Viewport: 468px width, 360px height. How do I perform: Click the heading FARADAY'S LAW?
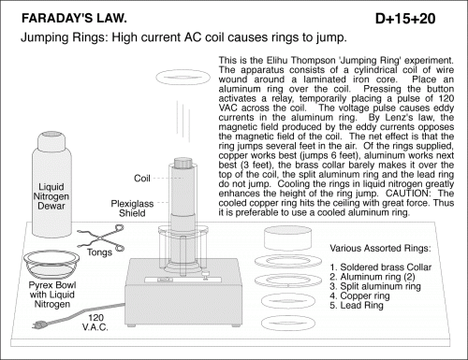pos(74,19)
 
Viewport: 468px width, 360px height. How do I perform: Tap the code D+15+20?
pos(405,19)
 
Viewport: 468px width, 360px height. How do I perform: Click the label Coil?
pos(142,179)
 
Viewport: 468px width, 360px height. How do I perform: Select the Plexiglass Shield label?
pos(132,209)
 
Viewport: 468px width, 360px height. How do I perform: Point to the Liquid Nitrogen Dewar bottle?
pos(51,184)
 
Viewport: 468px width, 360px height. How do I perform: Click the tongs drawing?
pos(101,238)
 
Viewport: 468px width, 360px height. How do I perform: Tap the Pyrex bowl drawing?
pos(51,265)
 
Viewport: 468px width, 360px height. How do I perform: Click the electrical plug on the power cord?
pos(39,324)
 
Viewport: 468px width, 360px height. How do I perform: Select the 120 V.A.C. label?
pos(95,323)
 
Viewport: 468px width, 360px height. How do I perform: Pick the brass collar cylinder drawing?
pos(287,238)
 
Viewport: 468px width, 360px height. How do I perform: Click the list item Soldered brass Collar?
pos(381,267)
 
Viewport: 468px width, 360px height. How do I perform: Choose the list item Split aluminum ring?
pos(375,286)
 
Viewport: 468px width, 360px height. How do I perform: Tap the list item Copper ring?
pos(359,295)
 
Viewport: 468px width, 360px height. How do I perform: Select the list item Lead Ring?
pos(357,306)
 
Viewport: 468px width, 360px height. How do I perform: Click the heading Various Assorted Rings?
pos(380,249)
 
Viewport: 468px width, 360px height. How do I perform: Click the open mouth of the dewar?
pos(51,136)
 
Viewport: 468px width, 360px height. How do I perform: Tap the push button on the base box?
pos(205,275)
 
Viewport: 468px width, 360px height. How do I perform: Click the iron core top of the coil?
pos(184,163)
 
